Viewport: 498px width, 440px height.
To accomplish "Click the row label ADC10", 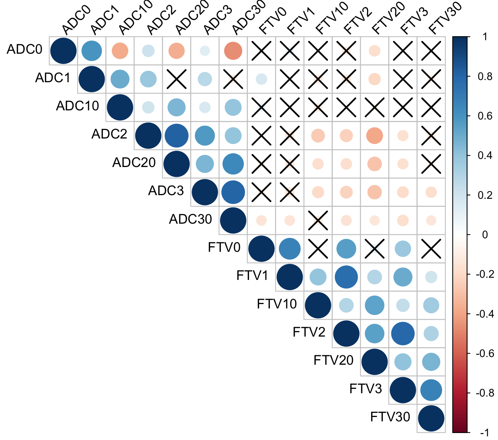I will tap(78, 106).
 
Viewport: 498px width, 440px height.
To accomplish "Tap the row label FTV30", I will tap(390, 417).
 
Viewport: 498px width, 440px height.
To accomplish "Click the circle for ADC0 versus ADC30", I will tap(233, 51).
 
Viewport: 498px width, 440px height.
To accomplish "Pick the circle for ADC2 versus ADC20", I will tap(176, 136).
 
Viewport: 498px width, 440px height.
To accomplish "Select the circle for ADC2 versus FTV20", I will tap(374, 136).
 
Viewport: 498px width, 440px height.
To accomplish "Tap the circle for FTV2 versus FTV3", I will tap(403, 334).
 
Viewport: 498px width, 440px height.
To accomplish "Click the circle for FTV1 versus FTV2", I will tap(346, 277).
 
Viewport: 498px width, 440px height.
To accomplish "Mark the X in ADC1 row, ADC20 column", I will tap(176, 79).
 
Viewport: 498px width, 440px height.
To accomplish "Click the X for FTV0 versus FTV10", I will tap(318, 249).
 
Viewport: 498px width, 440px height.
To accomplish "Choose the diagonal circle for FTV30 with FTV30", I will tap(431, 418).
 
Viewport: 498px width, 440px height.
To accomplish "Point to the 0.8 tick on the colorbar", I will tap(485, 76).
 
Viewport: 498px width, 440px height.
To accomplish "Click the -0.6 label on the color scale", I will tap(485, 353).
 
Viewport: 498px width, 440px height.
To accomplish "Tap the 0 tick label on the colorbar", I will tap(485, 235).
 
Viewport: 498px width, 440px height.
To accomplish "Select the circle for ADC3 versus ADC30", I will tap(233, 192).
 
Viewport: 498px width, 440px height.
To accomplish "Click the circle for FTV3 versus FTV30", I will tap(431, 390).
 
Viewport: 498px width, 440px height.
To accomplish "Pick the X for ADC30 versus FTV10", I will tap(318, 220).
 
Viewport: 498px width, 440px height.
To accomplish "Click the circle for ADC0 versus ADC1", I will tap(91, 51).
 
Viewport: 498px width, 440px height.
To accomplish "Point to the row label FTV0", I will tap(224, 248).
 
